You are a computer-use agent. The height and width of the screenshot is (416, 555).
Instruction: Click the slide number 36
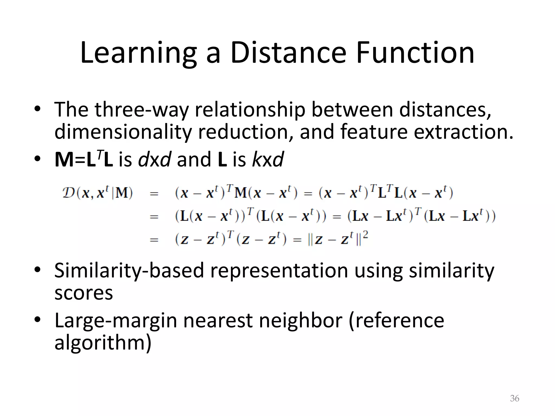514,398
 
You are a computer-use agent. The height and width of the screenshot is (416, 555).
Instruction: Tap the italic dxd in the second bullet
154,160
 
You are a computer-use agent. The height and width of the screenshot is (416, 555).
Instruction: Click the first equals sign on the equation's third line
154,240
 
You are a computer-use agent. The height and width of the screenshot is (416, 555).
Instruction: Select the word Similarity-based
129,271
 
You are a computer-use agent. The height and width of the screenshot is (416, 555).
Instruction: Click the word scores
83,293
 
